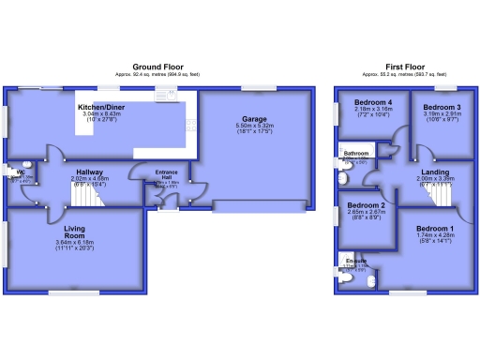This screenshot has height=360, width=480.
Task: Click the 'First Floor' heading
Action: pyautogui.click(x=406, y=67)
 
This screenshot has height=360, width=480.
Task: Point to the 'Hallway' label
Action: pyautogui.click(x=89, y=172)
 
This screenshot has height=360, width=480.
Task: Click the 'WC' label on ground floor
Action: pyautogui.click(x=19, y=172)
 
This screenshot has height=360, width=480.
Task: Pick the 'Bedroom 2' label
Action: pyautogui.click(x=367, y=204)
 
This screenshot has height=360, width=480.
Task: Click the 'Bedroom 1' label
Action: pyautogui.click(x=433, y=229)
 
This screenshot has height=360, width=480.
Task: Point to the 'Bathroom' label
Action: pyautogui.click(x=355, y=152)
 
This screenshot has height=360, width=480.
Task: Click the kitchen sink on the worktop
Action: pyautogui.click(x=170, y=94)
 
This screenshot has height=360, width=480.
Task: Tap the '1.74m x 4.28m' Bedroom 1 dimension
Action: pyautogui.click(x=433, y=236)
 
